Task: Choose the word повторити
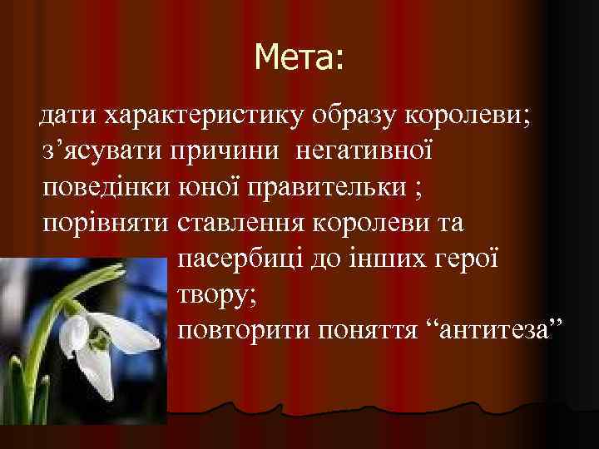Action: click(x=242, y=332)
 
